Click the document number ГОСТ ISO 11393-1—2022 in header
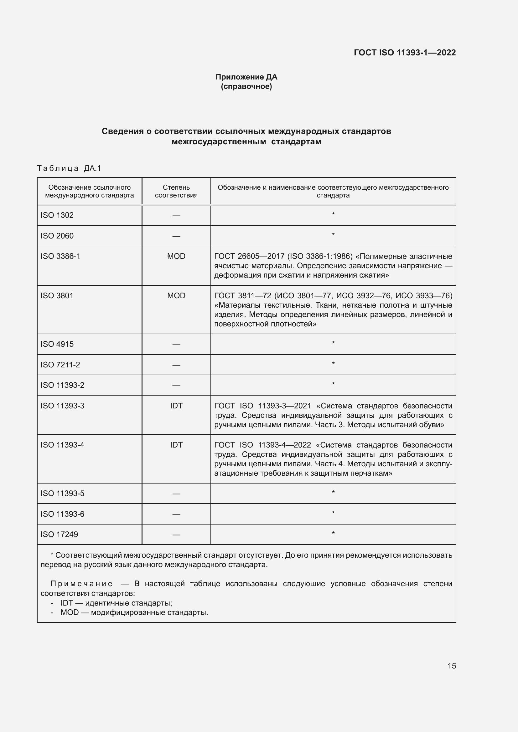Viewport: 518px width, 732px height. pos(404,53)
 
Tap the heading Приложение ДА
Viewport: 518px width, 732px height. pos(246,77)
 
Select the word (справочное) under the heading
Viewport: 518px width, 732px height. pos(246,86)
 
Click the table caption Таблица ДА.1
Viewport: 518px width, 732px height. pos(69,168)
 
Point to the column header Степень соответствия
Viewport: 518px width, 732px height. pos(176,191)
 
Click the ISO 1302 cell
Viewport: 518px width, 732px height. pos(57,215)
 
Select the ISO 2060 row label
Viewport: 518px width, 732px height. pos(57,236)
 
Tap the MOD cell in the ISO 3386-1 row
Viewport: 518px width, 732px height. pos(176,256)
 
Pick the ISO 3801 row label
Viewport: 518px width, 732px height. pos(57,295)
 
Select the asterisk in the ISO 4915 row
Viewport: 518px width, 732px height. pos(333,343)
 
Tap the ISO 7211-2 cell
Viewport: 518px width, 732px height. pos(60,365)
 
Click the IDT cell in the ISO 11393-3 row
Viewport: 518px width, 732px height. pos(176,406)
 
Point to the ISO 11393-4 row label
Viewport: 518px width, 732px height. pos(63,445)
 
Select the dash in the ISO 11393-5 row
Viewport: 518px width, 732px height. pos(176,494)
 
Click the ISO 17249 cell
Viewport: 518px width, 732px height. pos(59,535)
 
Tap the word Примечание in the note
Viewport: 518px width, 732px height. pos(82,584)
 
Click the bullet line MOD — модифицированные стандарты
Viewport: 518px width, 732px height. pos(134,612)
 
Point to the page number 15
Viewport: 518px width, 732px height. pos(452,666)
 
